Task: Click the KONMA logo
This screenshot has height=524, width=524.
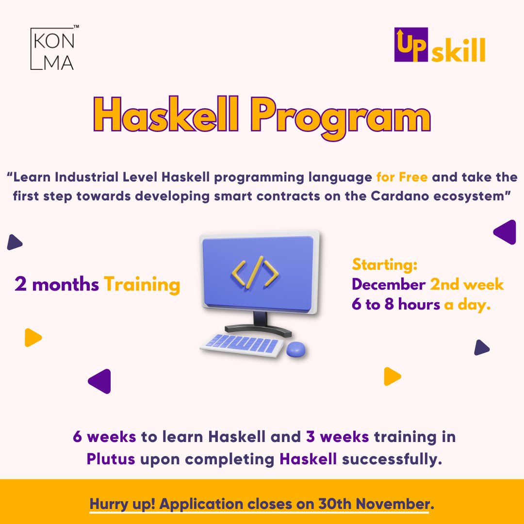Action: tap(52, 49)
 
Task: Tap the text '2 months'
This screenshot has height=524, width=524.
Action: tap(57, 284)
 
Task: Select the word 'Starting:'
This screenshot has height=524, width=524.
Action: tap(385, 265)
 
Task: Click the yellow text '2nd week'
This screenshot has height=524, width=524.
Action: tap(467, 284)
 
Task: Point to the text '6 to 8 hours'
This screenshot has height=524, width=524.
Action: tap(396, 305)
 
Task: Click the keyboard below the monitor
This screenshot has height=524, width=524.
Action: tap(241, 344)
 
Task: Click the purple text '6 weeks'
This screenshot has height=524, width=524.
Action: tap(104, 437)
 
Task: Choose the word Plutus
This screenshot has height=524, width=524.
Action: tap(111, 459)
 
